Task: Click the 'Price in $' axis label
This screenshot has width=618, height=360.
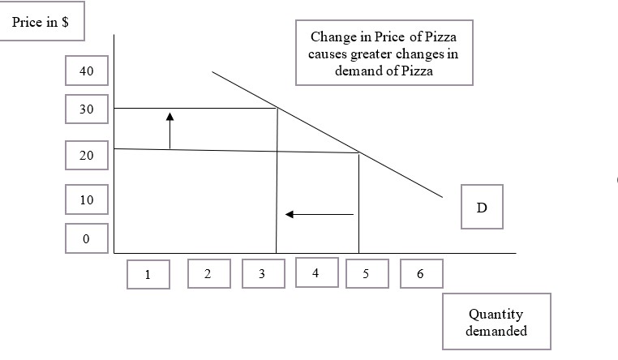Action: (41, 23)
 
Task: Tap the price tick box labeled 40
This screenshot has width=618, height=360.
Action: (87, 72)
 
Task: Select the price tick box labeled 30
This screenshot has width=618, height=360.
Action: (87, 109)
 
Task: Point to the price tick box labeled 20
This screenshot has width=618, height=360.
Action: (87, 156)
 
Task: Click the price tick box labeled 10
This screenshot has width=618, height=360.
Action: (87, 199)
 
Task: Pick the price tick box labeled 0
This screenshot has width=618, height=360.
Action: (87, 238)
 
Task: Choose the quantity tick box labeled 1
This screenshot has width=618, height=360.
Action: (148, 274)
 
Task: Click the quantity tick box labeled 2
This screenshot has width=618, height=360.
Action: (207, 273)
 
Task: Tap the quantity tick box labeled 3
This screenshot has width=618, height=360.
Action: (262, 273)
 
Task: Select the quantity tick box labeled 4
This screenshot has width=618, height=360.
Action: (315, 272)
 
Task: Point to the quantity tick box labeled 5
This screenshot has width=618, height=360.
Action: (366, 273)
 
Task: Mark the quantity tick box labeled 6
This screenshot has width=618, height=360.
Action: (420, 273)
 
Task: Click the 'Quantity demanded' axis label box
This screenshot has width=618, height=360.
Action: (496, 322)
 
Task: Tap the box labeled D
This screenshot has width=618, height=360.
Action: (482, 207)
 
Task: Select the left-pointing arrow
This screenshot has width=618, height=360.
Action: (319, 214)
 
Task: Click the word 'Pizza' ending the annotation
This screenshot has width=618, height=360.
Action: (415, 71)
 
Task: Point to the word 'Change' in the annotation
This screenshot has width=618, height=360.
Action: (332, 37)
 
